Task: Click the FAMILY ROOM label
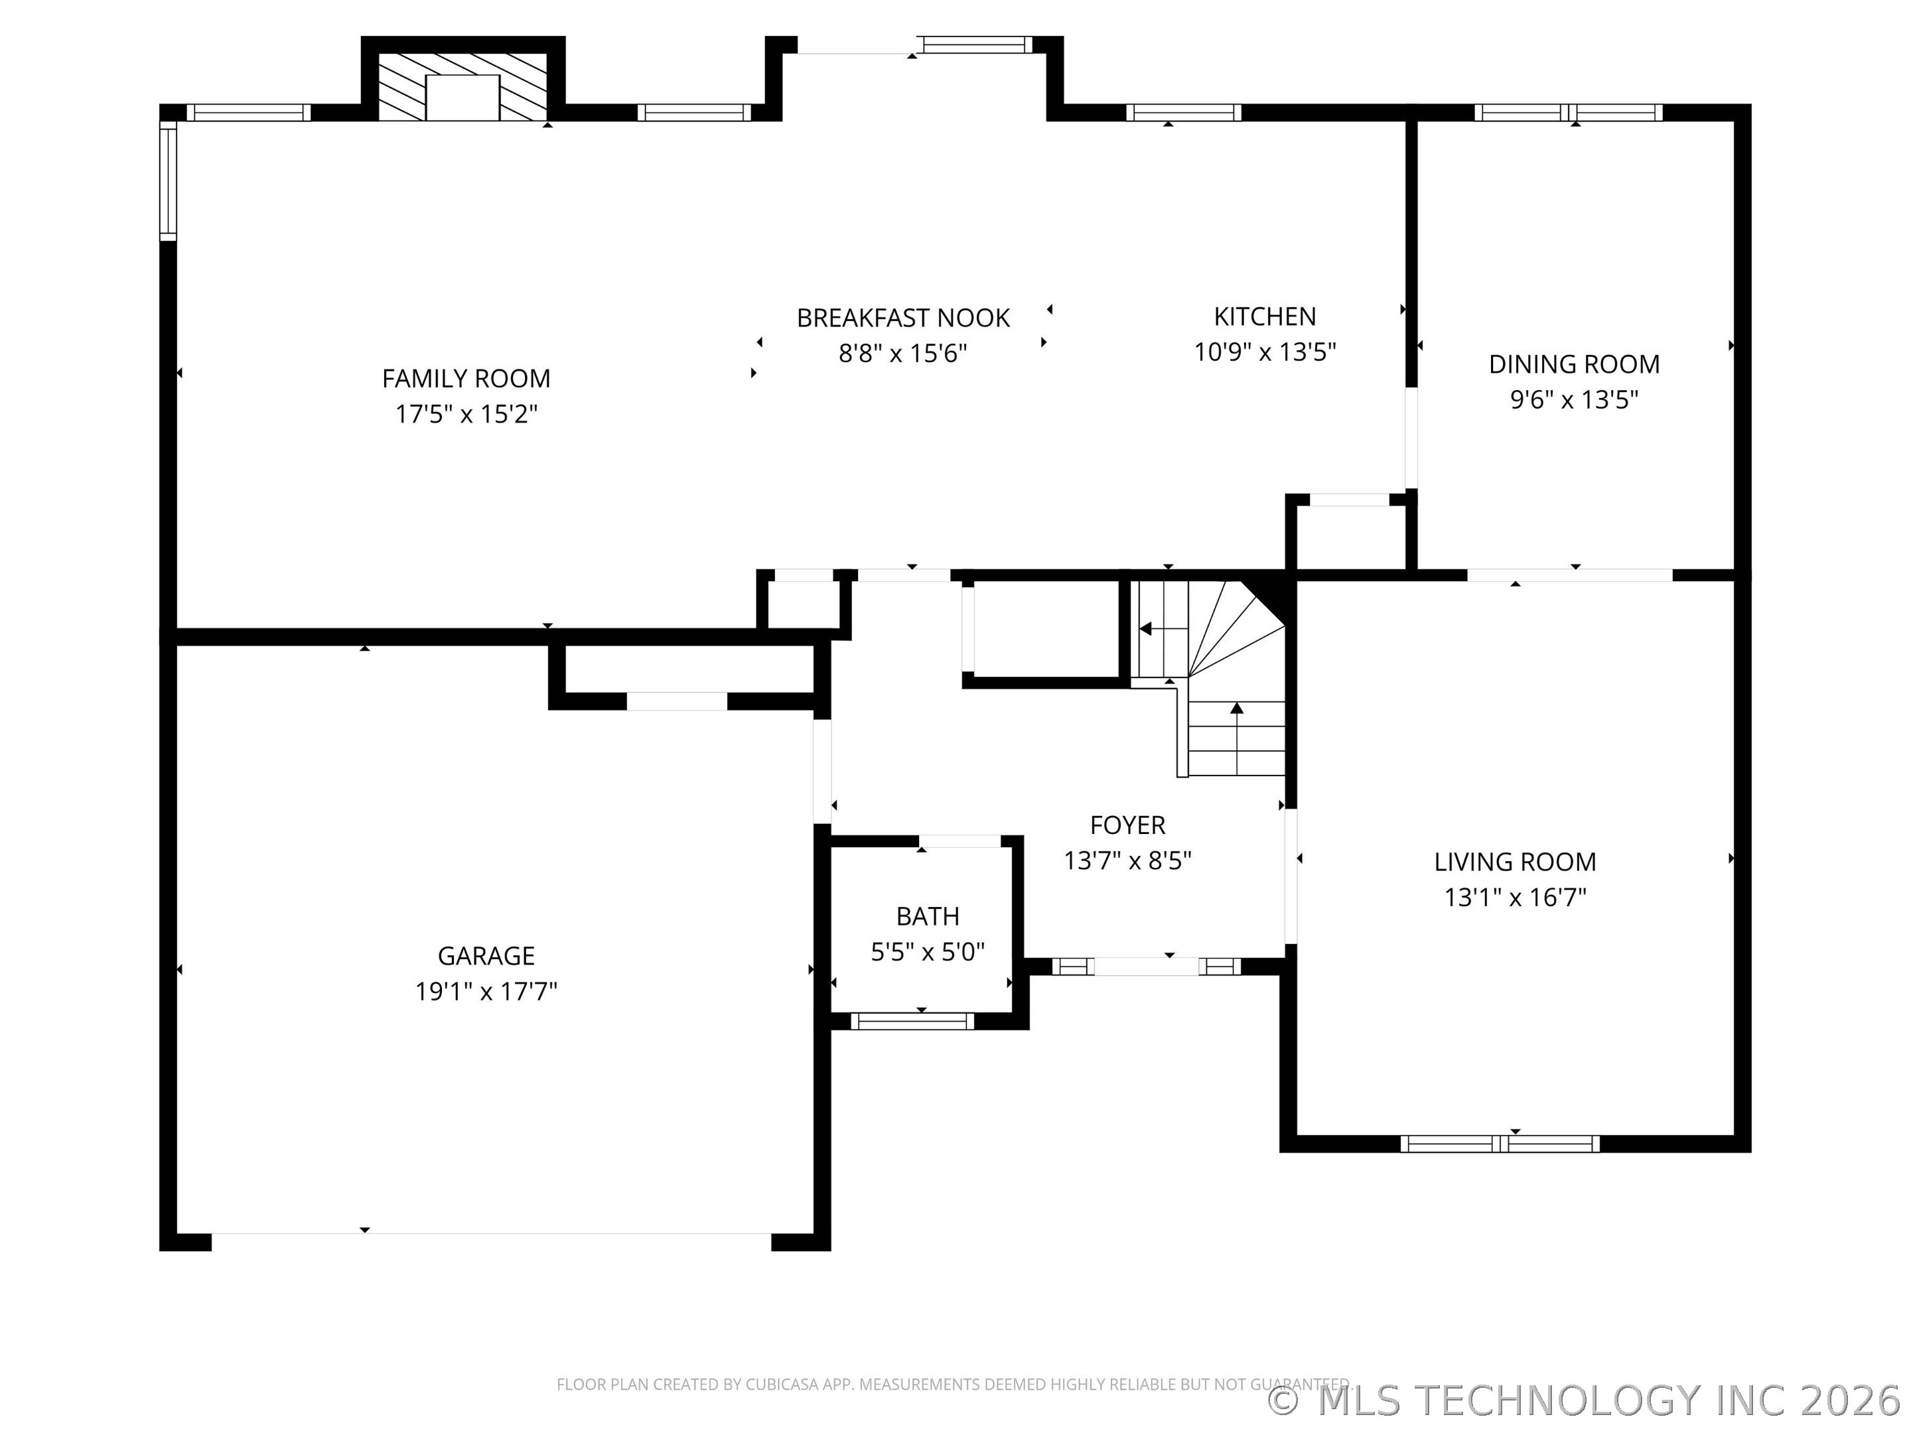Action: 466,378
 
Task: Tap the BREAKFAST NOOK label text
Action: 903,318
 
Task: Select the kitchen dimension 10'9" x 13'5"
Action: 1265,352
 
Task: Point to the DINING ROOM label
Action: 1574,364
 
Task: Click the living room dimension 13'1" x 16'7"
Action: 1516,898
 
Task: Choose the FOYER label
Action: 1127,825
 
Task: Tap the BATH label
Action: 928,916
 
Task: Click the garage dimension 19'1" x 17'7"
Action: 486,990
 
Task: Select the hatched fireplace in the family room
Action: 463,86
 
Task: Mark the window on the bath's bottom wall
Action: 912,1021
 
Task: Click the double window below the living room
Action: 1500,1144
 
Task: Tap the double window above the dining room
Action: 1568,112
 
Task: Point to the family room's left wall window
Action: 169,180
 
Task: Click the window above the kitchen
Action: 1184,112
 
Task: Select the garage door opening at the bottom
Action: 492,1241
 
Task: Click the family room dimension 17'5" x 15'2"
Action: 466,415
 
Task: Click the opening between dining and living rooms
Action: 1571,575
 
